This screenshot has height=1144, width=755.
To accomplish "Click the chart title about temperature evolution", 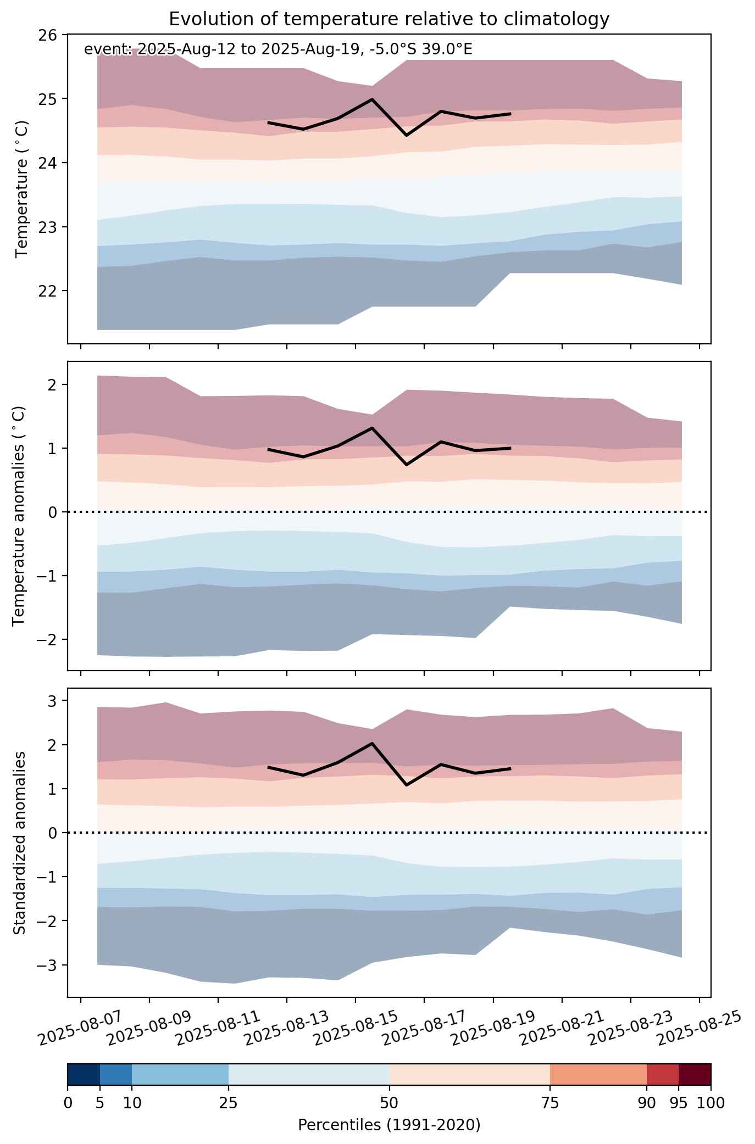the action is (x=389, y=19).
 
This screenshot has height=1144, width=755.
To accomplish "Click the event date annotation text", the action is (x=278, y=49).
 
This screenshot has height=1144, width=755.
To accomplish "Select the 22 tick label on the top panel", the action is (x=48, y=291).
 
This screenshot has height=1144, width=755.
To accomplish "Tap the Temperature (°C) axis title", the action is (x=21, y=189).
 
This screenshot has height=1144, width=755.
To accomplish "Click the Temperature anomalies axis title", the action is (x=19, y=516).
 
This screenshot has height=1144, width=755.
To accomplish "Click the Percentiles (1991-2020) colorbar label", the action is (x=389, y=1125).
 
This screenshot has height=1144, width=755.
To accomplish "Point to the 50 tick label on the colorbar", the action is (x=389, y=1103).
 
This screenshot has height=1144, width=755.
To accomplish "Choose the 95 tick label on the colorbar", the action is (x=678, y=1103).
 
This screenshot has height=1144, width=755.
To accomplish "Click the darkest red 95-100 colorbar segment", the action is (x=695, y=1075).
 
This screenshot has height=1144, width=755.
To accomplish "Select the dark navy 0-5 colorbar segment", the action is (x=84, y=1075).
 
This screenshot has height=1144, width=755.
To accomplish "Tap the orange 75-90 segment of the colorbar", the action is (x=598, y=1075).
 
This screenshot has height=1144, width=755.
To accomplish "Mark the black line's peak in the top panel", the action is (x=372, y=99).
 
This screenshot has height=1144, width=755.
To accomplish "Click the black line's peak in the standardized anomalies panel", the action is (x=372, y=744).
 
